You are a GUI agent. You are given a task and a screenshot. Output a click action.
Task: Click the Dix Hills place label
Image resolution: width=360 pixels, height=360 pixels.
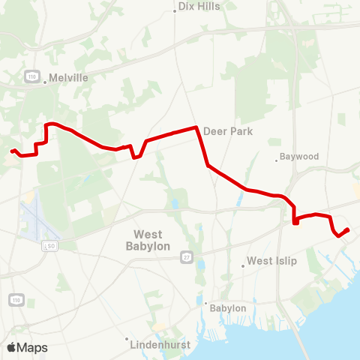coord(199,7)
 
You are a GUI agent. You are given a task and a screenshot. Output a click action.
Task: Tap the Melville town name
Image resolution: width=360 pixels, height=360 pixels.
coord(68,77)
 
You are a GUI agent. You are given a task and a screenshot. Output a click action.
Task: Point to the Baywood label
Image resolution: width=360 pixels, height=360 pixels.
coord(299,157)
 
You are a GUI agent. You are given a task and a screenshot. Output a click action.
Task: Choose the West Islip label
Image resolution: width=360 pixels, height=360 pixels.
coord(272,261)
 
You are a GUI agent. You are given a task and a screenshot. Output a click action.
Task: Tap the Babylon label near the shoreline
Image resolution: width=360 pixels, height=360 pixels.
coord(229,308)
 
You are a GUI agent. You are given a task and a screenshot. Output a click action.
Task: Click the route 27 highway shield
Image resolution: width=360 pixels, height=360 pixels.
coord(185,257)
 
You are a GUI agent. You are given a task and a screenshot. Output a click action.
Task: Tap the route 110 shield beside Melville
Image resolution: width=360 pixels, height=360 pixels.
coord(31,76)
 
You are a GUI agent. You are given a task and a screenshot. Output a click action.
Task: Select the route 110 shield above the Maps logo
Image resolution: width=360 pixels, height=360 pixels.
coord(16,300)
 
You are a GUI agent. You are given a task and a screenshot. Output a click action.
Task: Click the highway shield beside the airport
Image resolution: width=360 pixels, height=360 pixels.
coord(50,245)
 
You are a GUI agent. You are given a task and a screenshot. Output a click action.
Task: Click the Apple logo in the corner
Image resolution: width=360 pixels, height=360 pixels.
coord(11,347)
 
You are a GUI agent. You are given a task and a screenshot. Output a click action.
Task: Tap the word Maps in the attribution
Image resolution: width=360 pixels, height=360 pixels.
coord(32,347)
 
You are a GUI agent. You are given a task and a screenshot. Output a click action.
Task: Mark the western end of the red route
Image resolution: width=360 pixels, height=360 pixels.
coord(12,151)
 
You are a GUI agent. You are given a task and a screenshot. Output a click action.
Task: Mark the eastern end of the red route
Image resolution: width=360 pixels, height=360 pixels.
coord(349,229)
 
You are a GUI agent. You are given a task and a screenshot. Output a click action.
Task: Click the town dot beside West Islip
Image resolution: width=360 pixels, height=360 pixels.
coord(243,265)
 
